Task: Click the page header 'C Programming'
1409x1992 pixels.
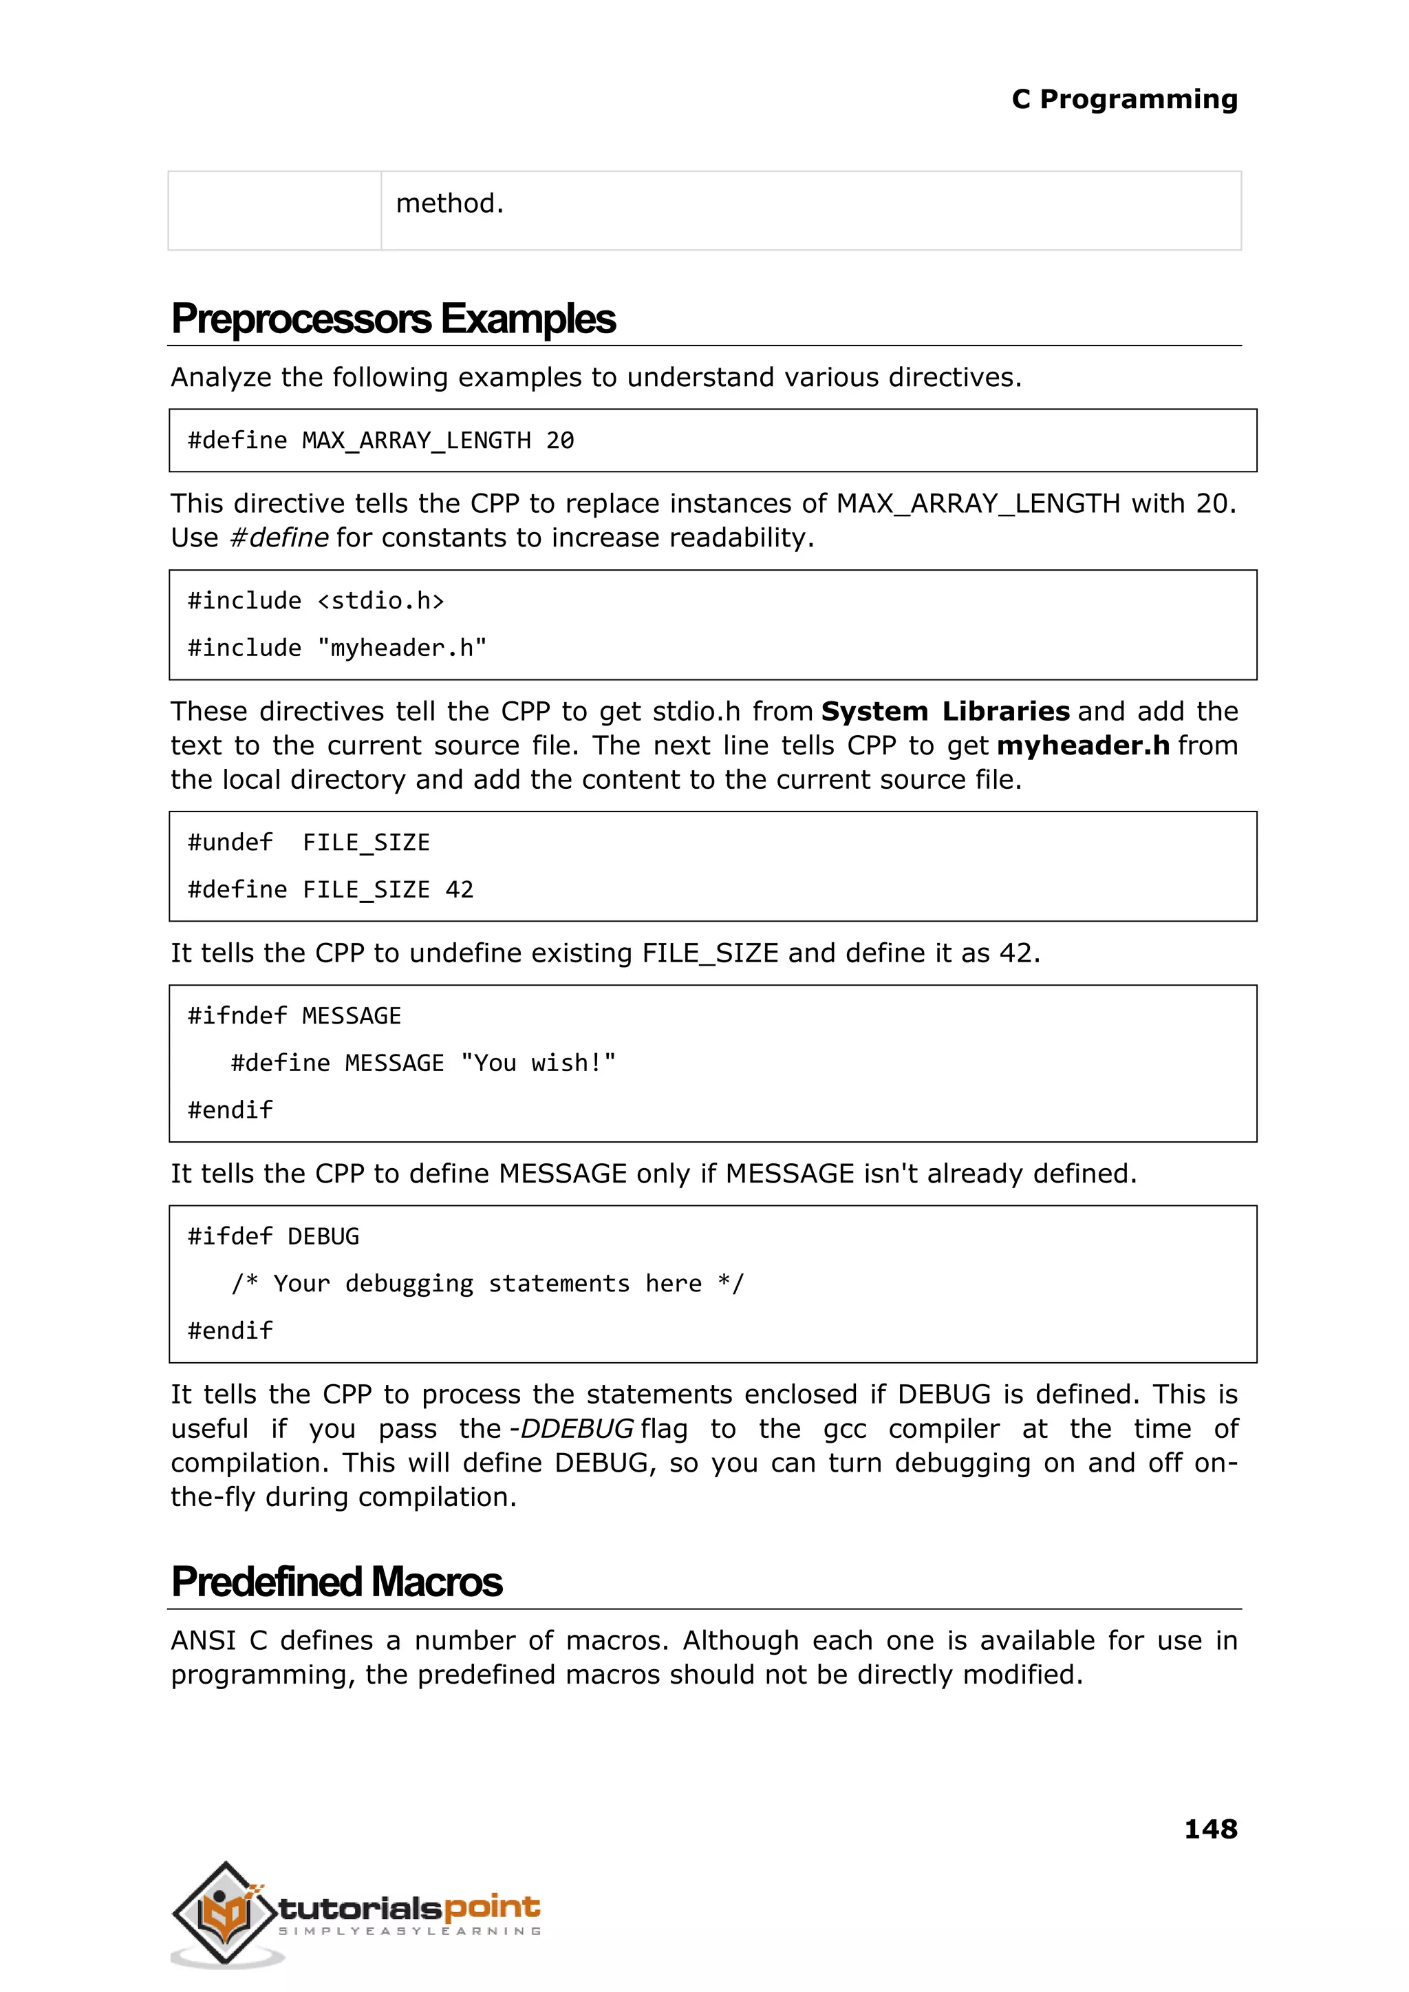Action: (1123, 100)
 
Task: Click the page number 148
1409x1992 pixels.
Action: (1210, 1829)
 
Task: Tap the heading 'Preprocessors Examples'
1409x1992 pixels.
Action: (393, 319)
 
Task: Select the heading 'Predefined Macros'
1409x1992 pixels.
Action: (336, 1582)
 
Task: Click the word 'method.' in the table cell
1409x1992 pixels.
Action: (449, 203)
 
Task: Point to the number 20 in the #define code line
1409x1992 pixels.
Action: (559, 441)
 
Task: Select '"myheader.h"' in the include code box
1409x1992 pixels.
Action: (402, 648)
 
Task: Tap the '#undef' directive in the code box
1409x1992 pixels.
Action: (230, 843)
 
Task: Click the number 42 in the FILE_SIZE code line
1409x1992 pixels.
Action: (459, 890)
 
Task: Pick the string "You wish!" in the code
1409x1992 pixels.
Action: (538, 1063)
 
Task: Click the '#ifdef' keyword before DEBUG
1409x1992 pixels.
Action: (230, 1237)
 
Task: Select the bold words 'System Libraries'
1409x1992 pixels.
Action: (945, 712)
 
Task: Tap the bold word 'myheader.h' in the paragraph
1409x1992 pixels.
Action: (1083, 745)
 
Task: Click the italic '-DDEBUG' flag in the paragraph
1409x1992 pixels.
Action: (571, 1429)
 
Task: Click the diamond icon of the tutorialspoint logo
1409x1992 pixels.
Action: (226, 1914)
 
